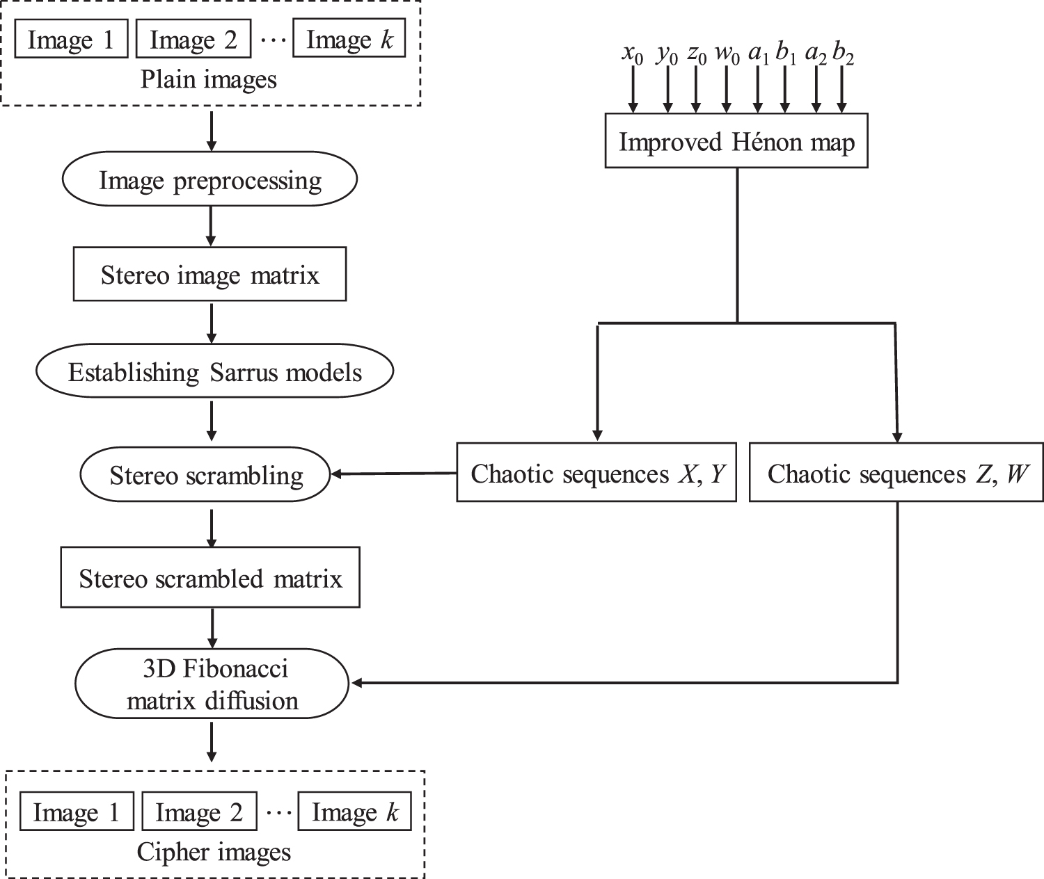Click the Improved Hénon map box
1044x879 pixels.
[x=736, y=143]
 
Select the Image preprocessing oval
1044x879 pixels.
[x=209, y=181]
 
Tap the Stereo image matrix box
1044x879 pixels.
[x=209, y=275]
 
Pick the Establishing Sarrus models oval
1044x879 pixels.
[x=214, y=372]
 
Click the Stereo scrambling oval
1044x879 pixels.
[x=206, y=476]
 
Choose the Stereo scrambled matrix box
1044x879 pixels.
[x=210, y=579]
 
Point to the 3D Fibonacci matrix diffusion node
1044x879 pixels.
[x=212, y=684]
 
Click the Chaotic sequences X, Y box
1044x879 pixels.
[x=596, y=474]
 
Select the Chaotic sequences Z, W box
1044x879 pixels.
[x=896, y=474]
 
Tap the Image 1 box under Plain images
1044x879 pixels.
[x=71, y=40]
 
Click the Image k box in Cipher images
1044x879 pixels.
[x=355, y=812]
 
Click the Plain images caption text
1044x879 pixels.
[x=209, y=79]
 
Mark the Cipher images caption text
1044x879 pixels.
[x=214, y=852]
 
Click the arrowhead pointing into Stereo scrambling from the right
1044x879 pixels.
[x=336, y=474]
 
